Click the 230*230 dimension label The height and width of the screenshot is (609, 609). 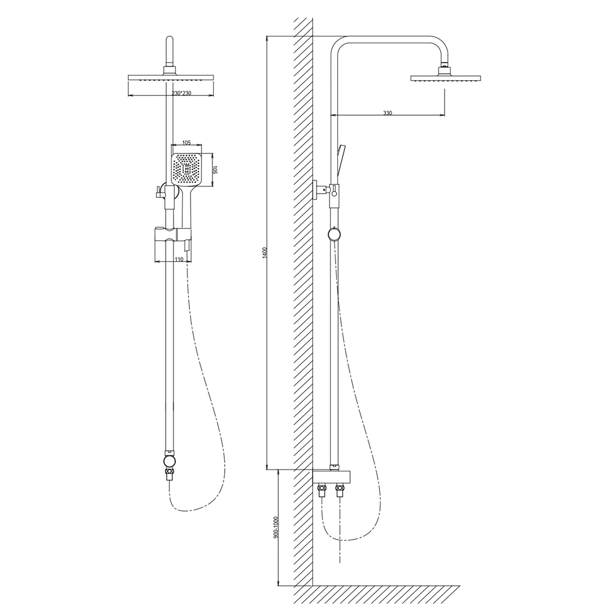181,93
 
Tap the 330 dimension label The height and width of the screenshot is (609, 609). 387,113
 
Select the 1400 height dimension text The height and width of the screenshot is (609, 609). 265,253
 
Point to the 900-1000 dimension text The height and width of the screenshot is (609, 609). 276,527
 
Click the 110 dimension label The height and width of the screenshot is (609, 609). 178,259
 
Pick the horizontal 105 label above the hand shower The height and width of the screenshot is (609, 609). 186,143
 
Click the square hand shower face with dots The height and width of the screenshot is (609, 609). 186,169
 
